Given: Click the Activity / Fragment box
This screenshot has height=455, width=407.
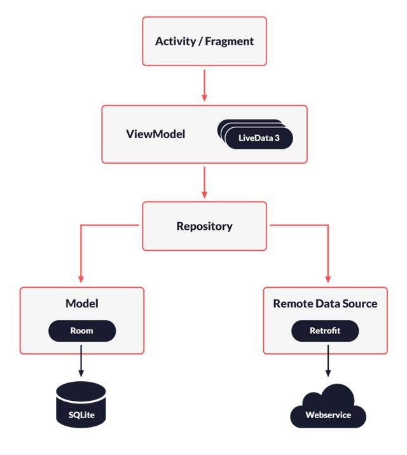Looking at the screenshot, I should click(x=204, y=41).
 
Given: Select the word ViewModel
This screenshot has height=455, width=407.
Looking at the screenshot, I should click(x=156, y=134).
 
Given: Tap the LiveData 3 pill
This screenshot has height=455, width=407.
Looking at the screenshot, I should click(x=259, y=137).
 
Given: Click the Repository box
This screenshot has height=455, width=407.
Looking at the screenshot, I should click(x=204, y=226).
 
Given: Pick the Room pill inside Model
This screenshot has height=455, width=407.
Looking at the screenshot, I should click(x=82, y=331).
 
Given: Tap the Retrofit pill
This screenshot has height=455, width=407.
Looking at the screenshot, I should click(x=325, y=331).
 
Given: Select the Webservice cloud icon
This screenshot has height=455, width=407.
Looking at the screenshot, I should click(x=328, y=407).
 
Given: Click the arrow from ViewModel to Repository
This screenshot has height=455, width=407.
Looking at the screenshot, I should click(x=204, y=183).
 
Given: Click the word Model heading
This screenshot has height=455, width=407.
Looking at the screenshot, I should click(x=82, y=304).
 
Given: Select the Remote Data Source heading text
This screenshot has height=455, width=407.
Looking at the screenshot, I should click(x=325, y=304).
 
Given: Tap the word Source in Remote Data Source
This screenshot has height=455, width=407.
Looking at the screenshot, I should click(x=360, y=304).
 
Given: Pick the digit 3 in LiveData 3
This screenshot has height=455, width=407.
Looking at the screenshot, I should click(x=277, y=137).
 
